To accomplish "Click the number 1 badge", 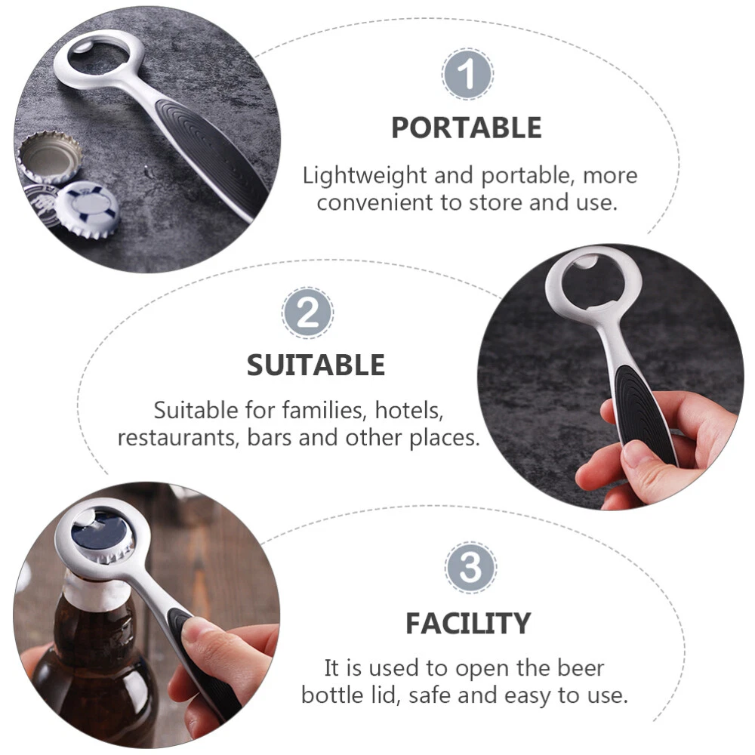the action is [467, 74].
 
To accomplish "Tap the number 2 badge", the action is [307, 313].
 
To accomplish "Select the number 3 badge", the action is [470, 567].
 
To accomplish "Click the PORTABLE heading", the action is [466, 128].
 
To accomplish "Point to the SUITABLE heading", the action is [316, 365].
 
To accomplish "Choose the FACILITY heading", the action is [468, 624].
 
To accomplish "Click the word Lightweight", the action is [365, 176].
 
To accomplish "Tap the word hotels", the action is [408, 411].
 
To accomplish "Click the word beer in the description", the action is [581, 668].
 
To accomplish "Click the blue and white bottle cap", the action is [87, 209].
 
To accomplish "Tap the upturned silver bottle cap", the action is [50, 157].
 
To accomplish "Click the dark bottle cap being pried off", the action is [103, 536].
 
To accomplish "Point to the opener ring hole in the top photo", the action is [98, 60].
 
